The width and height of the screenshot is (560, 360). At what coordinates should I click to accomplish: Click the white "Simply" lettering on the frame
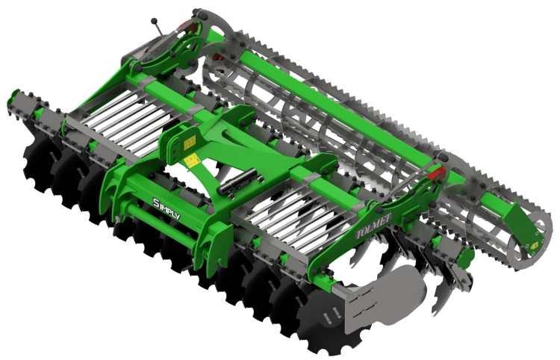166,208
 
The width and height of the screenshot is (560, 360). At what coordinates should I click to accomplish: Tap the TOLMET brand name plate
373,226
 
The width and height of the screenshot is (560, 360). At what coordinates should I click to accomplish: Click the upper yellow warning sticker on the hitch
190,142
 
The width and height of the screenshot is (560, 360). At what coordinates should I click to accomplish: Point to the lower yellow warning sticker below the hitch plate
193,161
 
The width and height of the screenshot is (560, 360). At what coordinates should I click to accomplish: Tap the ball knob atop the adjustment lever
154,21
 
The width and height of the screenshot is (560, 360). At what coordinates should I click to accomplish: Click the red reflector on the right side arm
437,174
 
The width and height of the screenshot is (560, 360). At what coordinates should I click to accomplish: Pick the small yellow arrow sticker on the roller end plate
535,246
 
